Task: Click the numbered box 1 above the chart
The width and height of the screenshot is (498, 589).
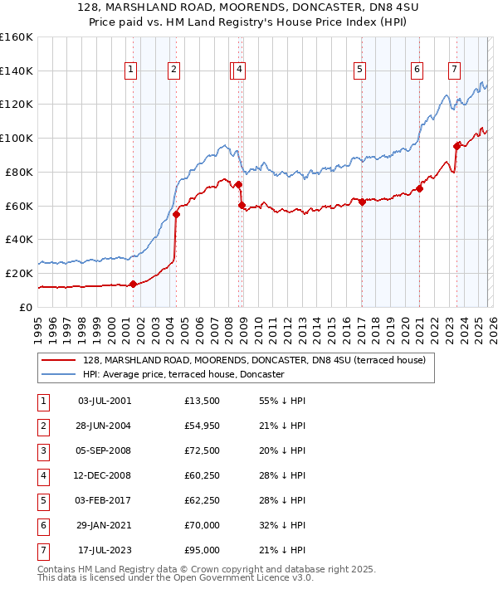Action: coord(132,71)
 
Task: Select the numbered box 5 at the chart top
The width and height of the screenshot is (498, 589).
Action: coord(360,71)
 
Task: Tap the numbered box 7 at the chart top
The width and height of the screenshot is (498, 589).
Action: coord(454,71)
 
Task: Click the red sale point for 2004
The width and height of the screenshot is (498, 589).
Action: coord(176,214)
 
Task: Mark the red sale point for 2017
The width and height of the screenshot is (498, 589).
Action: coord(362,202)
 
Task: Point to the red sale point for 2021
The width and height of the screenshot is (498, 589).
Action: coord(420,188)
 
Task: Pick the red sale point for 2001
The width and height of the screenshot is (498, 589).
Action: coord(133,284)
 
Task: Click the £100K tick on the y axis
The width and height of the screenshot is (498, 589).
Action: coord(17,138)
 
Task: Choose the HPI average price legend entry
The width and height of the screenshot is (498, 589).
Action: coord(183,374)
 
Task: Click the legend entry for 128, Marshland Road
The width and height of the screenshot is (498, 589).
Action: coord(254,360)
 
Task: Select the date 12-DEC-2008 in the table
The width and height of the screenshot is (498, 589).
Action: coord(104,476)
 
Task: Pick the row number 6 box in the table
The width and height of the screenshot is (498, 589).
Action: coord(43,526)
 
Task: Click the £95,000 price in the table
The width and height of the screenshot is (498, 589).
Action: coord(203,550)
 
